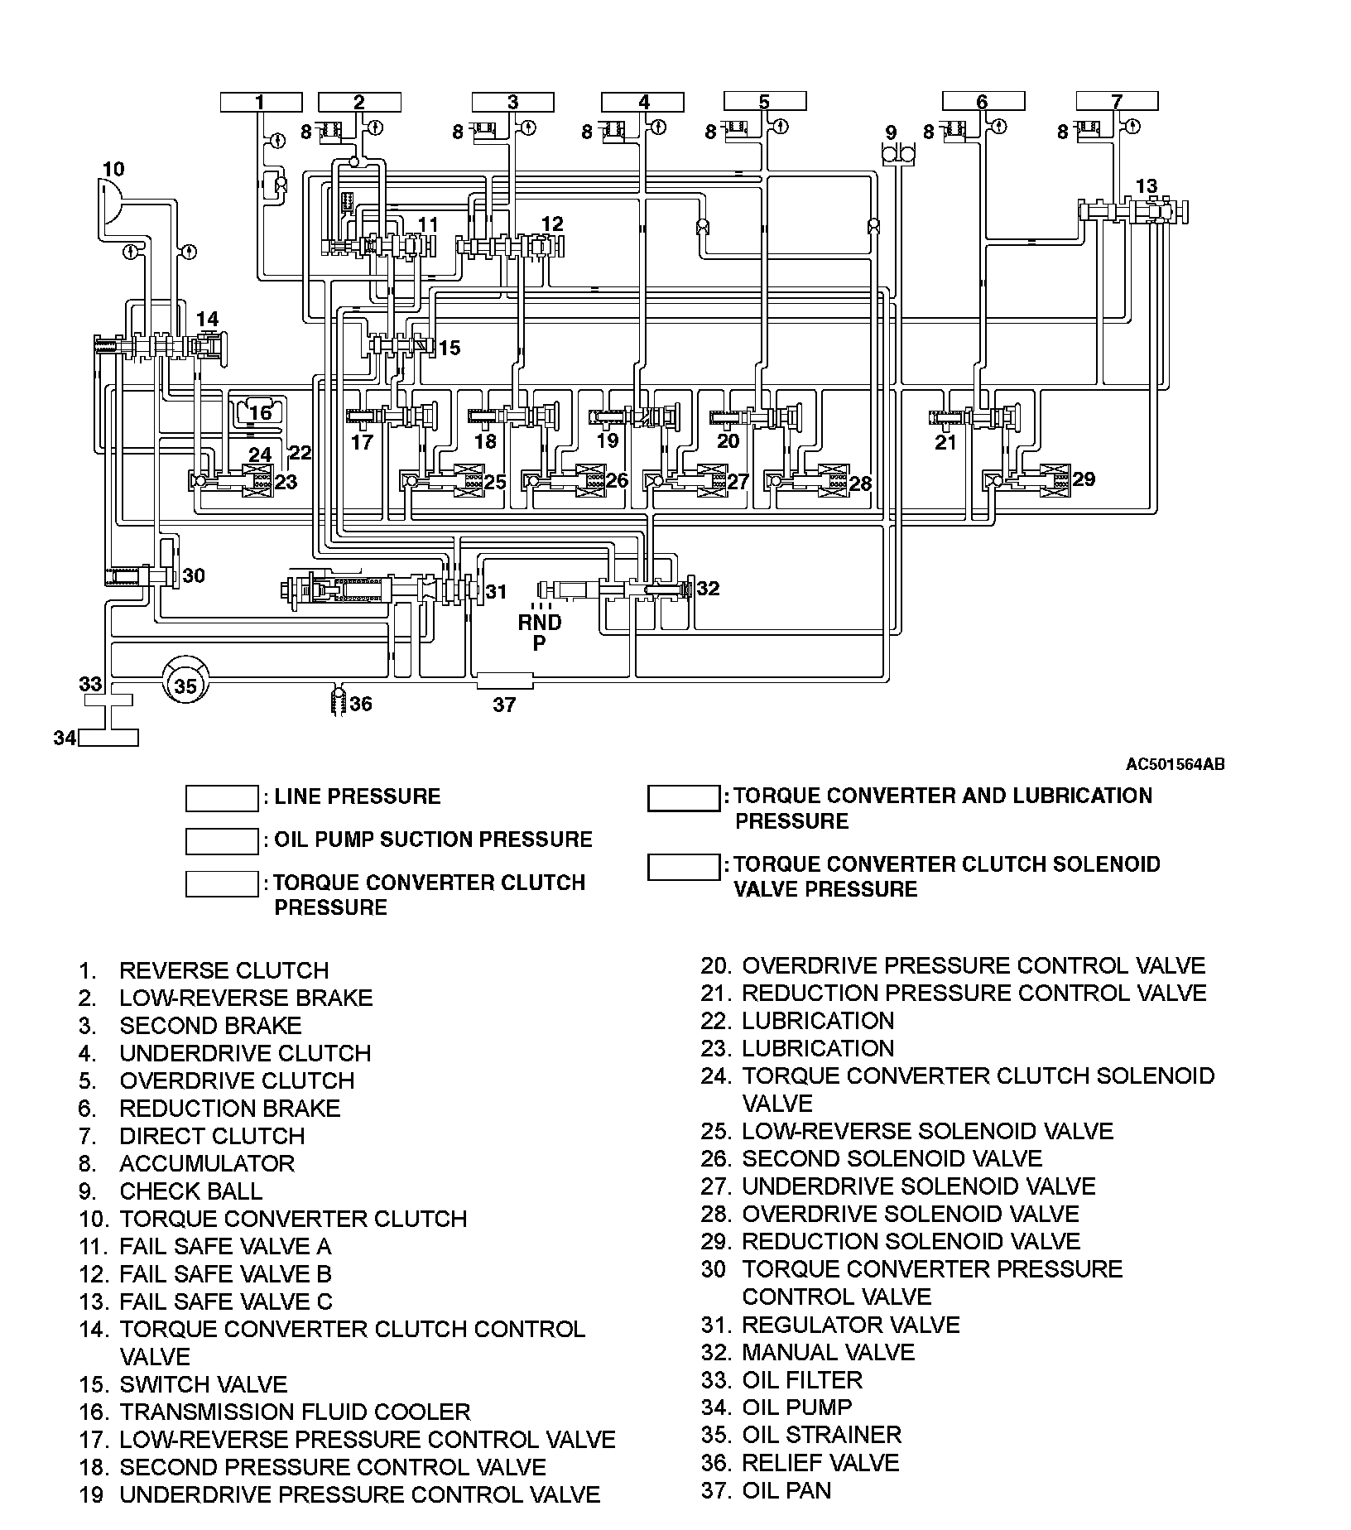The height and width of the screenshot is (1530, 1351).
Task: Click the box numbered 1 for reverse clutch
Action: [261, 102]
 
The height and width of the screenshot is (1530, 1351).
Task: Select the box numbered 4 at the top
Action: [643, 102]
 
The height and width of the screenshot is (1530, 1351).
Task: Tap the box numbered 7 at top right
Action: [1117, 102]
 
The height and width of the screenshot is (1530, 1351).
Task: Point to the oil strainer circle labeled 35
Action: [186, 686]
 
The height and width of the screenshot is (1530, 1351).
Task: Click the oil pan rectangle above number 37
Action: [505, 681]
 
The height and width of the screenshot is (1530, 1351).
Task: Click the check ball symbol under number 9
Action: [898, 154]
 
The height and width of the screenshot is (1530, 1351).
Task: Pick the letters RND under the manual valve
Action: [540, 623]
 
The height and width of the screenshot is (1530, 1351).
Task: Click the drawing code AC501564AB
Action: [1174, 764]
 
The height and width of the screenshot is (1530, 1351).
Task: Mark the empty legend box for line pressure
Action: [222, 798]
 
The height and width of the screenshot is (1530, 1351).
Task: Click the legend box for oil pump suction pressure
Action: [222, 841]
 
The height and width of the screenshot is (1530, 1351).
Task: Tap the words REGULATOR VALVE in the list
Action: [850, 1325]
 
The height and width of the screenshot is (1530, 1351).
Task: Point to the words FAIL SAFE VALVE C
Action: [225, 1301]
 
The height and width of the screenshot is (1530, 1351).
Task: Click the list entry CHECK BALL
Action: [190, 1191]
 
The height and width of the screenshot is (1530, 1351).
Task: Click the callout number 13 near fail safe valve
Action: [1147, 186]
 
